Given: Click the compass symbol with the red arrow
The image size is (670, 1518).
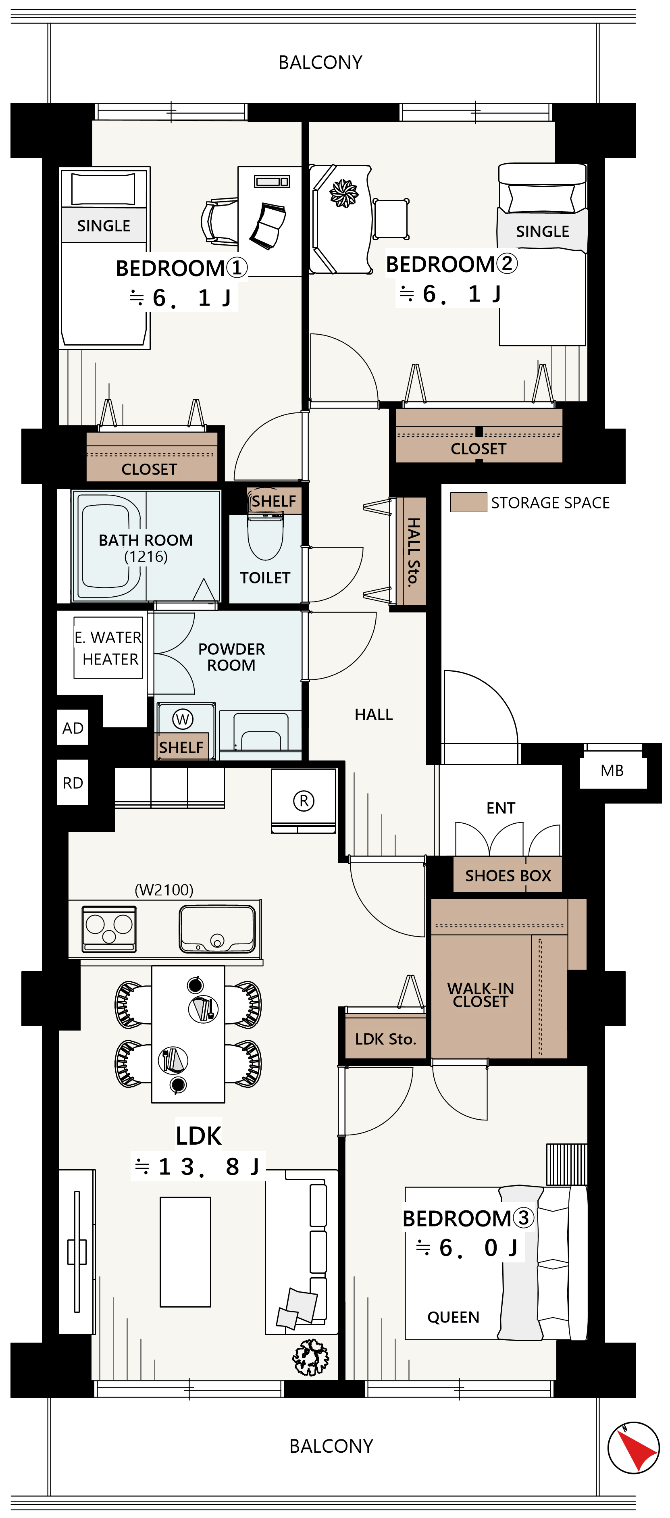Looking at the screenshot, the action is click(633, 1447).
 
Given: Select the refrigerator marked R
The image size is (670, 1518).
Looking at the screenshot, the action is click(304, 800).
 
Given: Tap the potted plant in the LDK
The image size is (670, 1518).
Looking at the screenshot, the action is click(310, 1357).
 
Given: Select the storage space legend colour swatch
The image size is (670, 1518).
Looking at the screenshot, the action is click(468, 502).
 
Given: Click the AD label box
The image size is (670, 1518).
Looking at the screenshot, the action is click(73, 728).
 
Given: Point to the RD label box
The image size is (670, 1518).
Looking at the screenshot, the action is click(73, 783).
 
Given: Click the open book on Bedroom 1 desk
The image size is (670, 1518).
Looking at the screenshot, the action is click(268, 225).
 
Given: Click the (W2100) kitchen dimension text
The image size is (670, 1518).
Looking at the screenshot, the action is click(164, 889).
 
